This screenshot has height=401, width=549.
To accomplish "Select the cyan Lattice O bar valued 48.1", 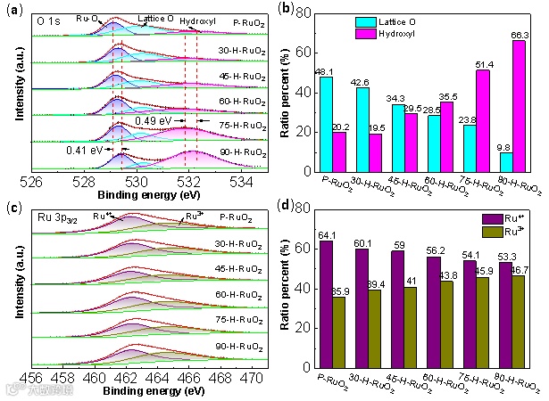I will pos(326,124).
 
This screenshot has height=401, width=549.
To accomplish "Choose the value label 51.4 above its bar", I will pos(481,62).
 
